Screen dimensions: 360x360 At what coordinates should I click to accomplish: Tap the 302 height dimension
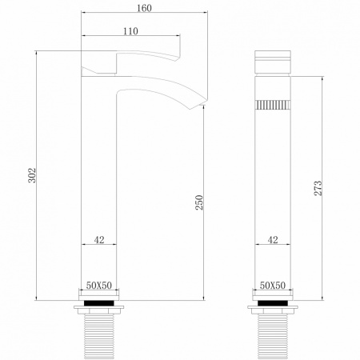[32, 177]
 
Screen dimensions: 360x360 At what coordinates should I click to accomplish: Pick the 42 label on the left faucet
[99, 238]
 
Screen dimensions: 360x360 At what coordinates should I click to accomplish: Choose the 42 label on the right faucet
[273, 238]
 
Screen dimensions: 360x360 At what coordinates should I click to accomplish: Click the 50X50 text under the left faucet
[100, 286]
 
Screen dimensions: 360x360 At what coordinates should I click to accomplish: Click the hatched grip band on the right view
[273, 103]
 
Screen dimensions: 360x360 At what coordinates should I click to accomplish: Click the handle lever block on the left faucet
[100, 64]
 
